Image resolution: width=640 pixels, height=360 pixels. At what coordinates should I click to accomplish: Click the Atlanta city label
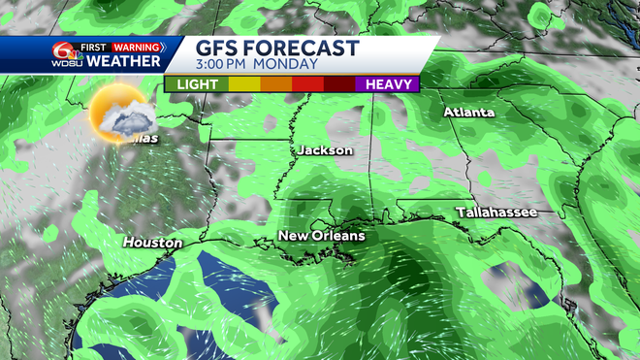[468, 113]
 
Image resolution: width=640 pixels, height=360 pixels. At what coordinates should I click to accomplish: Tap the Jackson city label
[325, 150]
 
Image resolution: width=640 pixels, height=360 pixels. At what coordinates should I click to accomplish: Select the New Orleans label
[322, 236]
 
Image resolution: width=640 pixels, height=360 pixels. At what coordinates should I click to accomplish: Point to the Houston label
[152, 242]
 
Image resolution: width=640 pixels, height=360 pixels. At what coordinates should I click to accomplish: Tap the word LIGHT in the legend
[197, 84]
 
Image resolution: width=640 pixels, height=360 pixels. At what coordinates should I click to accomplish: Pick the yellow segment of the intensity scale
[243, 84]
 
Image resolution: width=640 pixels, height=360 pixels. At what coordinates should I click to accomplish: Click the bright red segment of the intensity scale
[307, 84]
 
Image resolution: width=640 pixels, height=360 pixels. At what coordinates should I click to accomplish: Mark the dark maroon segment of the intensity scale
[339, 84]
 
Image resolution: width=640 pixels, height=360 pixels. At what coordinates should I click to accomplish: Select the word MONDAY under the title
[290, 65]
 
